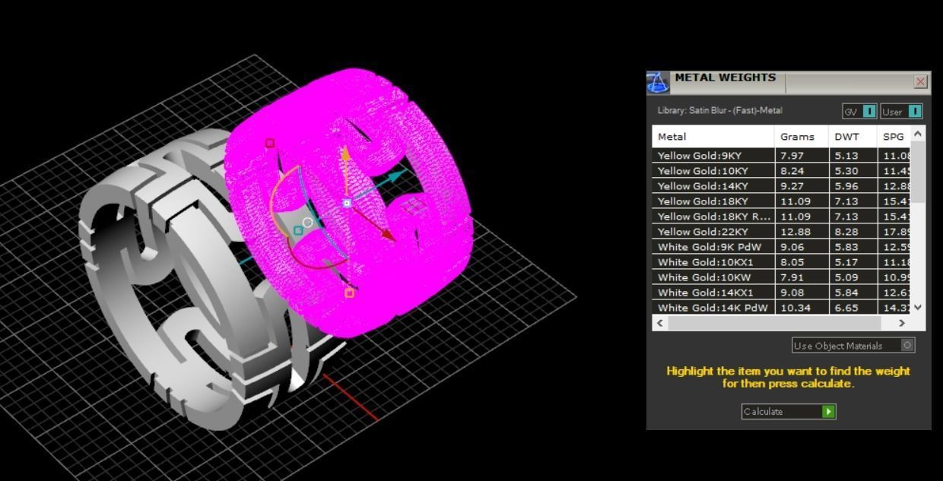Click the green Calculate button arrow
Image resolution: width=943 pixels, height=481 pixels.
[x=828, y=411]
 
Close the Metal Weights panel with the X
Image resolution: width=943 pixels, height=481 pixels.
[x=920, y=81]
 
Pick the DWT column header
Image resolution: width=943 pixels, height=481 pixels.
[x=846, y=137]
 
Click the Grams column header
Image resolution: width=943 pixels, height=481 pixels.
[x=797, y=137]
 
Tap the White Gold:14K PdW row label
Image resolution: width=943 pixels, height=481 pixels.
[x=713, y=308]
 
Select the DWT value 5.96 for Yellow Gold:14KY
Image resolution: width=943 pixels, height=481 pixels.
[x=846, y=186]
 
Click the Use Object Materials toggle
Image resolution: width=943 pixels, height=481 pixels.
[x=907, y=345]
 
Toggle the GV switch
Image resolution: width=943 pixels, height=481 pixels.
[x=869, y=111]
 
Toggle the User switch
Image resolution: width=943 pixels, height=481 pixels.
[x=914, y=111]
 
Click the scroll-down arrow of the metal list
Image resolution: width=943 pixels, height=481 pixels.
[x=918, y=307]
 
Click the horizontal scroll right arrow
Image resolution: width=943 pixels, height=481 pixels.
[x=902, y=323]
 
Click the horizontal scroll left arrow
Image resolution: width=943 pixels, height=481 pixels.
[x=660, y=323]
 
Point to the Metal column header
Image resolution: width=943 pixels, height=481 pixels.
[x=672, y=137]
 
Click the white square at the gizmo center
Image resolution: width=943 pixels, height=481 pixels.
[x=347, y=203]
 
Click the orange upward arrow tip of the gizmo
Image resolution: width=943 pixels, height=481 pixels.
[x=345, y=153]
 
